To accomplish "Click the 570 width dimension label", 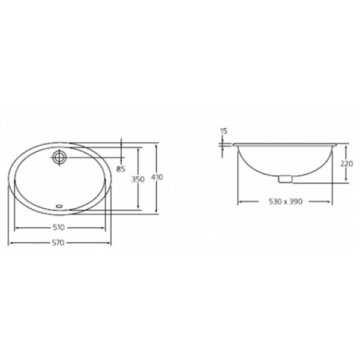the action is (58, 242).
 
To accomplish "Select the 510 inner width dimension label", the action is (59, 227).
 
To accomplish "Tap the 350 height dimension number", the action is (138, 179).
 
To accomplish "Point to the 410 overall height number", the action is (157, 177).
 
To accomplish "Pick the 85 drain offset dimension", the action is (121, 169).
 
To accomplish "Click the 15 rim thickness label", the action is (223, 131).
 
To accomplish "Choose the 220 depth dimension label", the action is (346, 164).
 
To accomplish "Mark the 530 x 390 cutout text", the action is (286, 202).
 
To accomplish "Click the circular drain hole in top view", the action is (59, 157).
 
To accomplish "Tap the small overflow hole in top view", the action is (59, 206).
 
